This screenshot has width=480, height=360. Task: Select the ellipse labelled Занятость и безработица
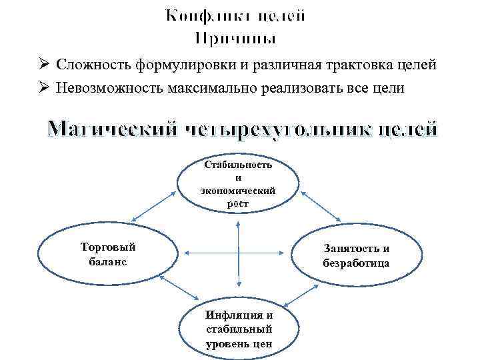pyautogui.click(x=357, y=255)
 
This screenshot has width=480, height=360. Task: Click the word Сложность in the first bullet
pyautogui.click(x=94, y=65)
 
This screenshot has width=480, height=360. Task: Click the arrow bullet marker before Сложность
pyautogui.click(x=43, y=65)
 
